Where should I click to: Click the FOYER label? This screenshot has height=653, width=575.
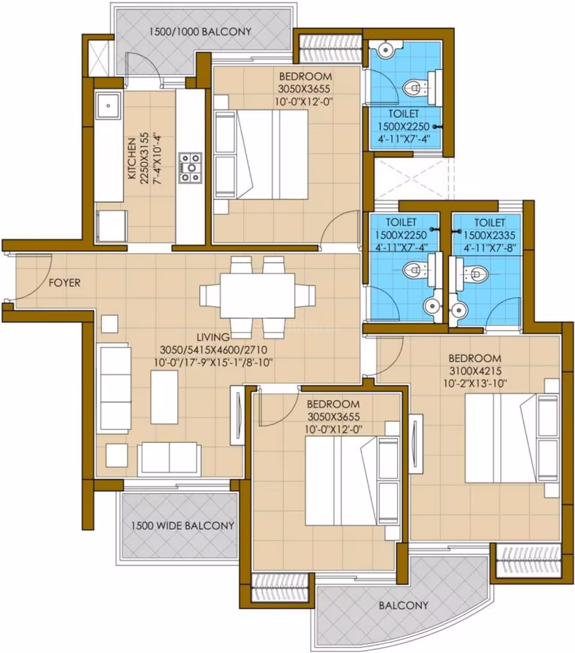[x=65, y=283]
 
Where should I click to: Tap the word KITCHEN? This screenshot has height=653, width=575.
[x=131, y=158]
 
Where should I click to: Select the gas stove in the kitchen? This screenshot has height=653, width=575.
[x=191, y=168]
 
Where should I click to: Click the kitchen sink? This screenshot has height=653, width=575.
[x=108, y=106]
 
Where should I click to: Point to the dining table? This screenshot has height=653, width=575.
[x=257, y=295]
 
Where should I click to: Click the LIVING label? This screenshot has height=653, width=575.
[x=213, y=336]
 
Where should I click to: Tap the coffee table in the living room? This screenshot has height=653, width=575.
[x=164, y=397]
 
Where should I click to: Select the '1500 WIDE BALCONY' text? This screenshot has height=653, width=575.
[x=182, y=525]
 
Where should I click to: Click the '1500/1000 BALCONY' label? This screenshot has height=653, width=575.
[x=200, y=32]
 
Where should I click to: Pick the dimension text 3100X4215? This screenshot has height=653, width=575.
[x=475, y=371]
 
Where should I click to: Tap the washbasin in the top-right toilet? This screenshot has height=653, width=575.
[x=386, y=50]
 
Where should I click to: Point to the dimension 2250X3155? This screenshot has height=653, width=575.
[x=144, y=158]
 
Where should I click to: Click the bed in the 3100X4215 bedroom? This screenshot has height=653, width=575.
[x=512, y=438]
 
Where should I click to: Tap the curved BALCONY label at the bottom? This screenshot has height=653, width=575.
[x=403, y=605]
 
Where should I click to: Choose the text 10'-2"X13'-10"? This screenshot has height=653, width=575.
[x=475, y=383]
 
